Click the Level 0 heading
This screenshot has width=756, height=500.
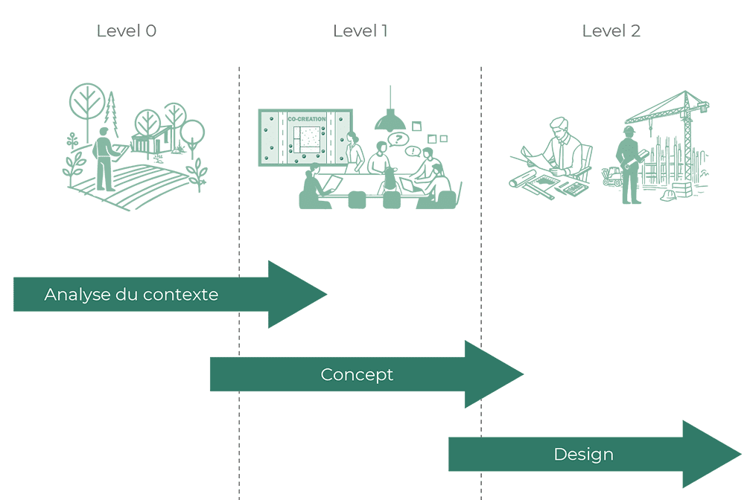point(126,31)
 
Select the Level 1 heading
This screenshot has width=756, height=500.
point(360,31)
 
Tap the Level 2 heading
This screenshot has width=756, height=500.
point(611,31)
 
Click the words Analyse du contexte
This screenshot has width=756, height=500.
point(131,295)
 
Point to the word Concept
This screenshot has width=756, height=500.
point(357,374)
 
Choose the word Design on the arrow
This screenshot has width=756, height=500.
point(583,455)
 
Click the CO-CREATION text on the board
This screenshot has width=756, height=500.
point(306,119)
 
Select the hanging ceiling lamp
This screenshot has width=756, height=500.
point(390,120)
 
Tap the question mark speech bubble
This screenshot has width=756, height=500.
point(399,138)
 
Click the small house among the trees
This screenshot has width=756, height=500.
point(151,140)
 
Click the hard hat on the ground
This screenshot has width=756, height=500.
point(668,196)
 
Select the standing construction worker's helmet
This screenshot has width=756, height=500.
point(629,131)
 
